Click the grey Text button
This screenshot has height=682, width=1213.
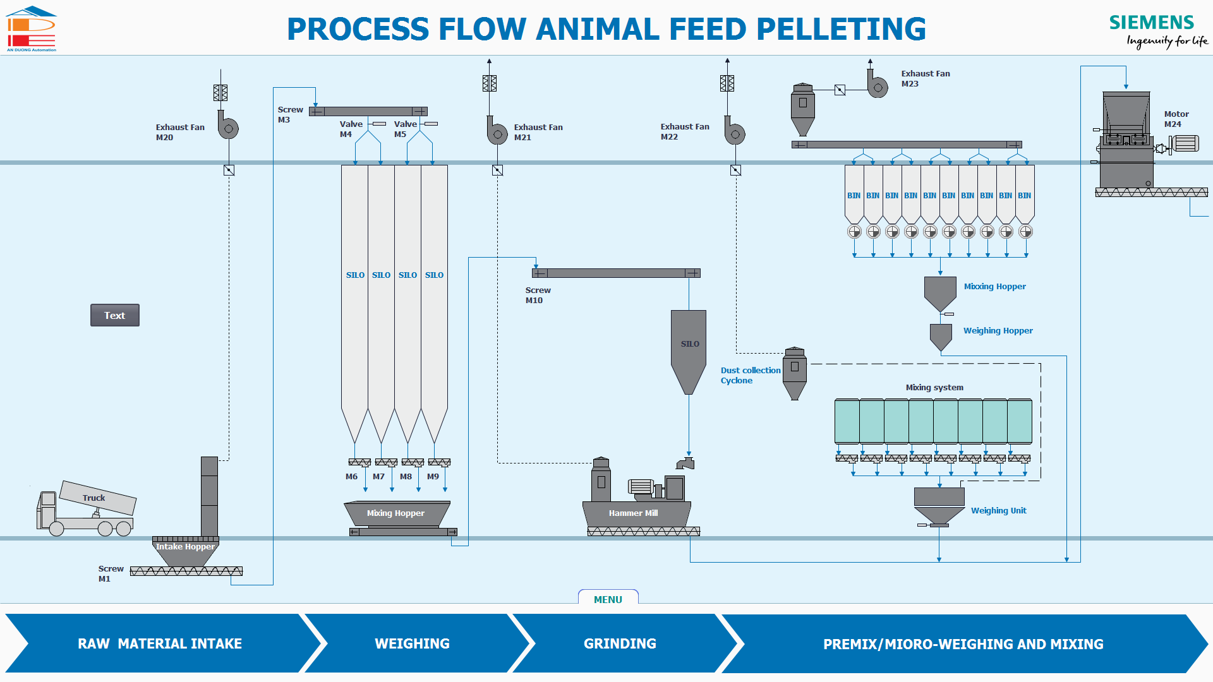tap(114, 315)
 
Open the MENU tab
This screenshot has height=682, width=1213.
tap(608, 598)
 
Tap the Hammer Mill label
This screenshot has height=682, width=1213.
tap(633, 513)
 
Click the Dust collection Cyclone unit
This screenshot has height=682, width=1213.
tap(795, 374)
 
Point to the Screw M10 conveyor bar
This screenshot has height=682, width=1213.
tap(616, 273)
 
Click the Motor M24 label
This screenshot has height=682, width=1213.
tap(1176, 119)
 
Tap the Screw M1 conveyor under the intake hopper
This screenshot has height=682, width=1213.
tap(186, 571)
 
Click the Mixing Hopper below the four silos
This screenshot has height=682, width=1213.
tap(397, 513)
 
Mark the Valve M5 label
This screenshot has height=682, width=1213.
tap(406, 129)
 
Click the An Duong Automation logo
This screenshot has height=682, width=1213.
tap(31, 29)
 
